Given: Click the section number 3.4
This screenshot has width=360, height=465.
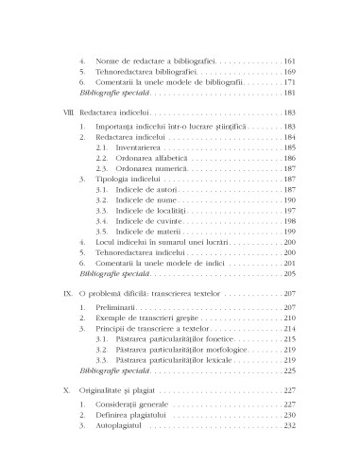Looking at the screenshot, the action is [x=102, y=215].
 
